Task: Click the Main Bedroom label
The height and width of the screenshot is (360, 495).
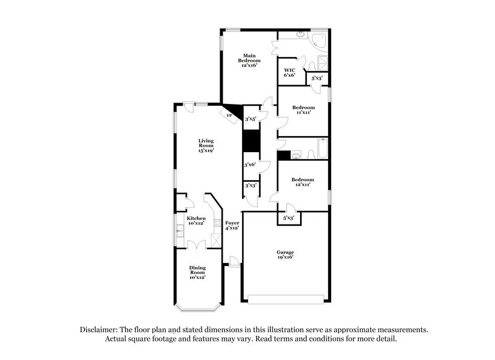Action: (x=249, y=60)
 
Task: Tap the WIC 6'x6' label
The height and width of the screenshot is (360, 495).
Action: (x=290, y=72)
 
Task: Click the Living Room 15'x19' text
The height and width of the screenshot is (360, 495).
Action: (x=206, y=145)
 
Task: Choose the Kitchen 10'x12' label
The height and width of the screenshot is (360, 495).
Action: (x=196, y=221)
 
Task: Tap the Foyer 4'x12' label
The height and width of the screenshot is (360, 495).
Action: (x=232, y=225)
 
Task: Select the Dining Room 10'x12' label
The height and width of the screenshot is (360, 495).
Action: (x=197, y=272)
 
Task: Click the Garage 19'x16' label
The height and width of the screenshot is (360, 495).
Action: (x=285, y=254)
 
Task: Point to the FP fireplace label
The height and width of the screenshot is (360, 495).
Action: (x=229, y=116)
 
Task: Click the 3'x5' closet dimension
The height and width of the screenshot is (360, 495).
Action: (x=251, y=119)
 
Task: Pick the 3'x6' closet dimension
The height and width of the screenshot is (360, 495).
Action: (x=250, y=165)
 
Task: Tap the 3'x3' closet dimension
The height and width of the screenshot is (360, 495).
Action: (x=250, y=185)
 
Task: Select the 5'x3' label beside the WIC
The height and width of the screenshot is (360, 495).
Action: (x=317, y=79)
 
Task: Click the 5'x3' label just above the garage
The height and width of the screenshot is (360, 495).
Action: (x=288, y=218)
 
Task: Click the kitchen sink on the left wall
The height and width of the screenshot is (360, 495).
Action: (x=179, y=231)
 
